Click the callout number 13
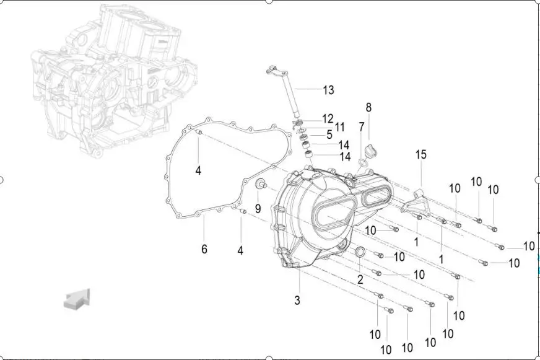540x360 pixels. (329, 90)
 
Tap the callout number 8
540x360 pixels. (368, 107)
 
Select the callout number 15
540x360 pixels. (421, 154)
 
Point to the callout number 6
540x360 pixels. (204, 248)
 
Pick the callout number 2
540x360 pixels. (360, 279)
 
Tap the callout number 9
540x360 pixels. (258, 208)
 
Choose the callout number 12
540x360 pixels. (328, 118)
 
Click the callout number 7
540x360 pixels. (361, 127)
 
